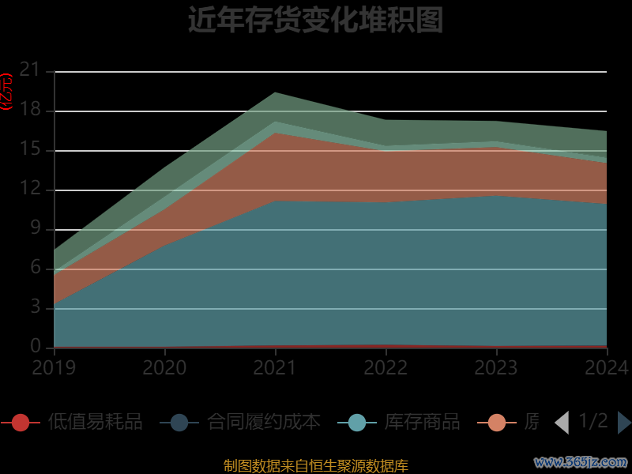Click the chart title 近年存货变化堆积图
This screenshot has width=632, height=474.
pos(315,21)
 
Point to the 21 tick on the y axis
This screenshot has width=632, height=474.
pos(30,70)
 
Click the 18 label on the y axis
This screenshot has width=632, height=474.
pos(30,110)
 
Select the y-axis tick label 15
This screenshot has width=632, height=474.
pos(30,149)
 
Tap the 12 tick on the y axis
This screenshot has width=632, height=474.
pos(30,189)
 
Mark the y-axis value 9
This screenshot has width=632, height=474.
pos(35,228)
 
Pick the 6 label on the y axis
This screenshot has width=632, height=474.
pos(35,268)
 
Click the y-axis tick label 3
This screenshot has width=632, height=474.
pos(35,307)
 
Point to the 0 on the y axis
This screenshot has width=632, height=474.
pos(35,347)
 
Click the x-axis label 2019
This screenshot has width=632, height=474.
pos(54,368)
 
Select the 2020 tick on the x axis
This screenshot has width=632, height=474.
pos(164,368)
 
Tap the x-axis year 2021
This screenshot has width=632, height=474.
pos(275,368)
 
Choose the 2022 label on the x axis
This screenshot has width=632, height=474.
pos(386,368)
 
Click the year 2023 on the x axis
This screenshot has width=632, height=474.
pos(496,368)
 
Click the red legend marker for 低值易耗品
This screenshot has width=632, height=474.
pos(21,423)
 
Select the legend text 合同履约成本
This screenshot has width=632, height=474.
pos(264,423)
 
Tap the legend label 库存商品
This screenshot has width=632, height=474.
pos(422,423)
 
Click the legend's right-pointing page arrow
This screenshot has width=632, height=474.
pos(623,423)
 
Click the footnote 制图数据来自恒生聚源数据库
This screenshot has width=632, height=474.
pos(315,466)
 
